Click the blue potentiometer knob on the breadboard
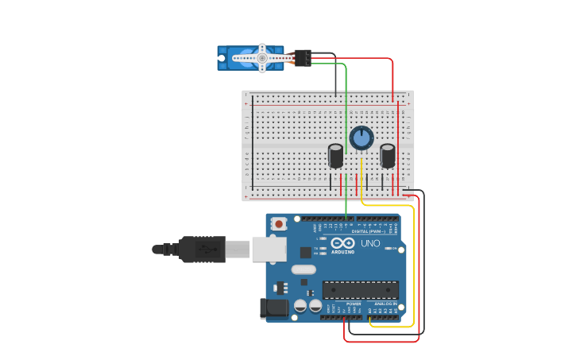[x=361, y=137]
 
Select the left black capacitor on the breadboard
[x=336, y=155]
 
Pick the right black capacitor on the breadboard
[x=388, y=155]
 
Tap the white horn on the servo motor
[x=262, y=58]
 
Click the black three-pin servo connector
[x=303, y=57]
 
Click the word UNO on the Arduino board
[x=370, y=243]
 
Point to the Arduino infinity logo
[x=343, y=243]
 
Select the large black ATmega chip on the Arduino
[x=360, y=290]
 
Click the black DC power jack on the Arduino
[x=273, y=309]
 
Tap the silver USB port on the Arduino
[x=269, y=249]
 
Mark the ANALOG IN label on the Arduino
[x=385, y=304]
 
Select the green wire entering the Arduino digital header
[x=346, y=208]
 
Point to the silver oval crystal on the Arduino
[x=303, y=269]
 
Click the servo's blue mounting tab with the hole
[x=222, y=58]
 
